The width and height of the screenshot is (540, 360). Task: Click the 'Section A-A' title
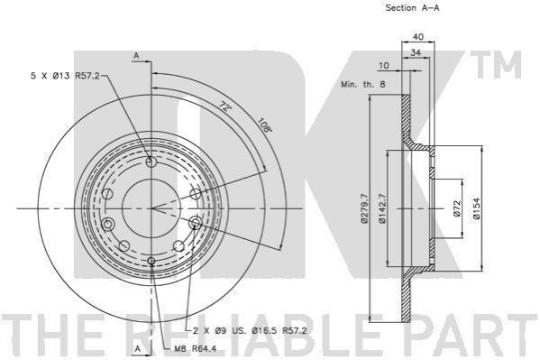(412, 8)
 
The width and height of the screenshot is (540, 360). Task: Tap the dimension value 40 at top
(418, 37)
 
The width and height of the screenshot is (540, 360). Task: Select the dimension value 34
(416, 52)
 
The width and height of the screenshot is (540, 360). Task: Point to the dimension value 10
(383, 66)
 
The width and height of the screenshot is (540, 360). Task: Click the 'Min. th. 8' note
(363, 84)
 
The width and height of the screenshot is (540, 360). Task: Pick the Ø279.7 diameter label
(364, 208)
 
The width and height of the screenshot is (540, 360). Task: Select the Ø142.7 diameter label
(382, 208)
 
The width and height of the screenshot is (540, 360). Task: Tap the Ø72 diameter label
(457, 208)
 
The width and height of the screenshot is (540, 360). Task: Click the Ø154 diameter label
(476, 208)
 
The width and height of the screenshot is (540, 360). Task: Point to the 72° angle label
(224, 106)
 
